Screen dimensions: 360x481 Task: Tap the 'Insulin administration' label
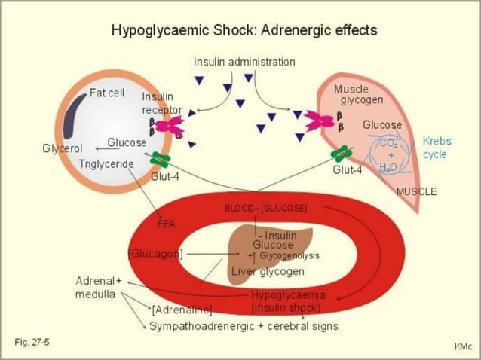(x=244, y=62)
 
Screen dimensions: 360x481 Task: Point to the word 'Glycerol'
(x=62, y=148)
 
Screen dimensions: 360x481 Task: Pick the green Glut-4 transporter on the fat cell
(x=160, y=160)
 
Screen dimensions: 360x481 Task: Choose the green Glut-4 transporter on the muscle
(x=342, y=154)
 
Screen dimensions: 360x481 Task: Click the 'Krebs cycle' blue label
(x=437, y=148)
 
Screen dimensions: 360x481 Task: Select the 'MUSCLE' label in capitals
(x=416, y=191)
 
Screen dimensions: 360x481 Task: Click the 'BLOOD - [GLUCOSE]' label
(x=265, y=207)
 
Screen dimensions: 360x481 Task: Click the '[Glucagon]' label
(x=155, y=254)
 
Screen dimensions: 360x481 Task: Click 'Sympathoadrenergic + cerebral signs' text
(x=244, y=326)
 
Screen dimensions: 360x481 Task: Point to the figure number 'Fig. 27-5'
(x=32, y=343)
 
